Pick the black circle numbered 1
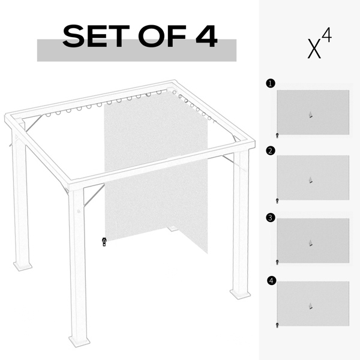[270, 85]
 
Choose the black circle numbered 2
[270, 150]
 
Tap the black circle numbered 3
[270, 214]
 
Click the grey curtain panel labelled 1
[313, 112]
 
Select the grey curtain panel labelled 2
[313, 178]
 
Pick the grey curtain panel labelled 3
[313, 240]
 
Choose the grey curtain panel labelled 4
[313, 304]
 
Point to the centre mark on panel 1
[310, 115]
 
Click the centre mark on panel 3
[310, 243]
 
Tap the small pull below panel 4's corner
[277, 325]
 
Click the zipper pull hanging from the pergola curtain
[104, 242]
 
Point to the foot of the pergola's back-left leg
[23, 265]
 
